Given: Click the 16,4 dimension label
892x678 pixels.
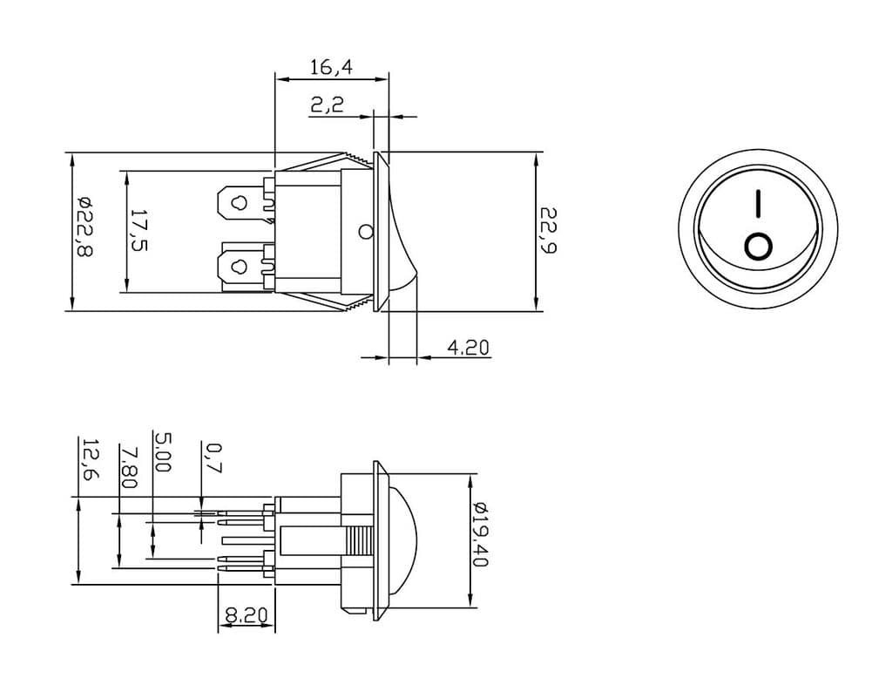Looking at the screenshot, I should tap(330, 67).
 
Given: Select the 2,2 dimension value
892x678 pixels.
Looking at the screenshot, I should tap(328, 105).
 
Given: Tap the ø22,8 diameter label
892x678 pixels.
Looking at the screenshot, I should tap(84, 226).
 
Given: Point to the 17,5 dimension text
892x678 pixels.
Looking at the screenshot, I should tap(139, 231).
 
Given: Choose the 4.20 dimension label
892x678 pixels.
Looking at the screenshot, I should tap(468, 348).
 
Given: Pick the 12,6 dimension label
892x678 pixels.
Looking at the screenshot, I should tap(89, 459).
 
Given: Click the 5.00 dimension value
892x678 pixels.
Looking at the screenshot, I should tap(161, 451).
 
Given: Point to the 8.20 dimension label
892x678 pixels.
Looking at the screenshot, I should tap(246, 615).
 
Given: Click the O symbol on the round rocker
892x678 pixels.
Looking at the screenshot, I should tap(758, 247).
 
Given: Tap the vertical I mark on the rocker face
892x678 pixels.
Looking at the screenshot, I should tap(758, 204).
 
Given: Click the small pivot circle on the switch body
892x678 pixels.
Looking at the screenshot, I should tap(365, 232).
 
